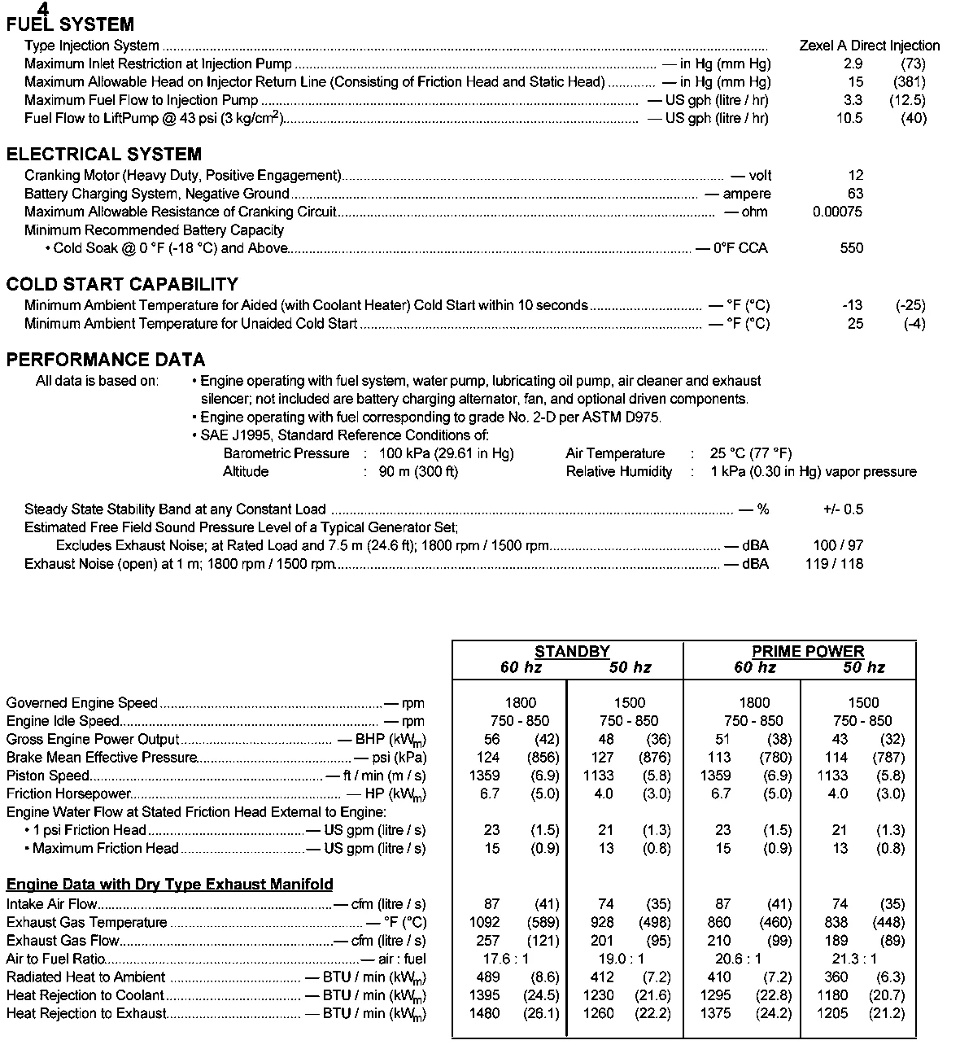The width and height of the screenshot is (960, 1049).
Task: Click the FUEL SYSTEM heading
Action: (70, 25)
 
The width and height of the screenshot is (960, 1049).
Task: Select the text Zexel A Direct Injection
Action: (869, 46)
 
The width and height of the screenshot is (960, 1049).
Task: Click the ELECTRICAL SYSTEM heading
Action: (103, 155)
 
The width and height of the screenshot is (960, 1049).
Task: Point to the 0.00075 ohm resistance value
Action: (837, 212)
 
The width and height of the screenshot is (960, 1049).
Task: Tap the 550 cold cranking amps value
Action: (851, 248)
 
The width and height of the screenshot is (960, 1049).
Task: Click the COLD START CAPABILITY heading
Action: (122, 285)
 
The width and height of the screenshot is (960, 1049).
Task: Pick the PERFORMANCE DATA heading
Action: (106, 361)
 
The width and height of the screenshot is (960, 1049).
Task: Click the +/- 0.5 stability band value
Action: (843, 509)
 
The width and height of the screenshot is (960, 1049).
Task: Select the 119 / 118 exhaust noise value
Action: (834, 564)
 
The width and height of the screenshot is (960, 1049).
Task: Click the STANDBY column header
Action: (572, 652)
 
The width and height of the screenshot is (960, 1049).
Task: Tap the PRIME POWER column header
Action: (808, 652)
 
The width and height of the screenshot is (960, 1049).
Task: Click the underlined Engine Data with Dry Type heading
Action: (169, 885)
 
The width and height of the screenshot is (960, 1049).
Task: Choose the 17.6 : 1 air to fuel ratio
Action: (506, 959)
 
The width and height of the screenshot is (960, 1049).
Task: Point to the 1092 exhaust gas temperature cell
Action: (485, 922)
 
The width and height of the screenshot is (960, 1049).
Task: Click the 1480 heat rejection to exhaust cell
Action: (485, 1013)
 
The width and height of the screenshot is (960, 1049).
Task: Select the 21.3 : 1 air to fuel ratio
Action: (857, 959)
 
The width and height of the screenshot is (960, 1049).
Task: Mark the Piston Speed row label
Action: (44, 776)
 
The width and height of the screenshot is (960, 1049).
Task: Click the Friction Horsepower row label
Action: (68, 793)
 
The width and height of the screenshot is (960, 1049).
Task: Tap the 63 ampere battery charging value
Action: (855, 194)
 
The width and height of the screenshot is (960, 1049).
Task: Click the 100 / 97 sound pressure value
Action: (838, 545)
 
